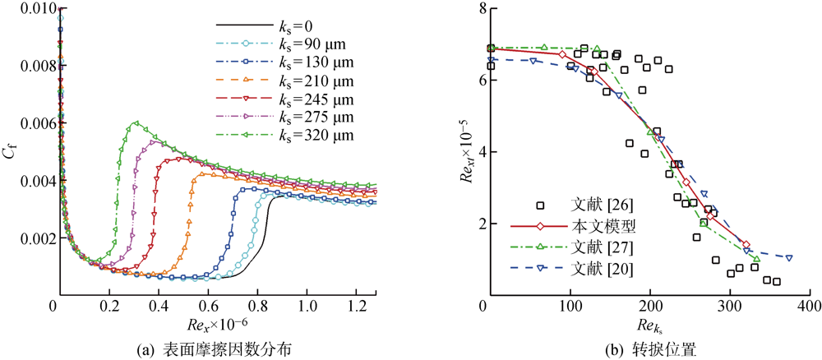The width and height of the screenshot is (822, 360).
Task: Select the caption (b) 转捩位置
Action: tap(649, 347)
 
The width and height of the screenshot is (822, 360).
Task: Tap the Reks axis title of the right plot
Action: tap(649, 327)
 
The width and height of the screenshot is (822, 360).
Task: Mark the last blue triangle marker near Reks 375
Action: tap(789, 257)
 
